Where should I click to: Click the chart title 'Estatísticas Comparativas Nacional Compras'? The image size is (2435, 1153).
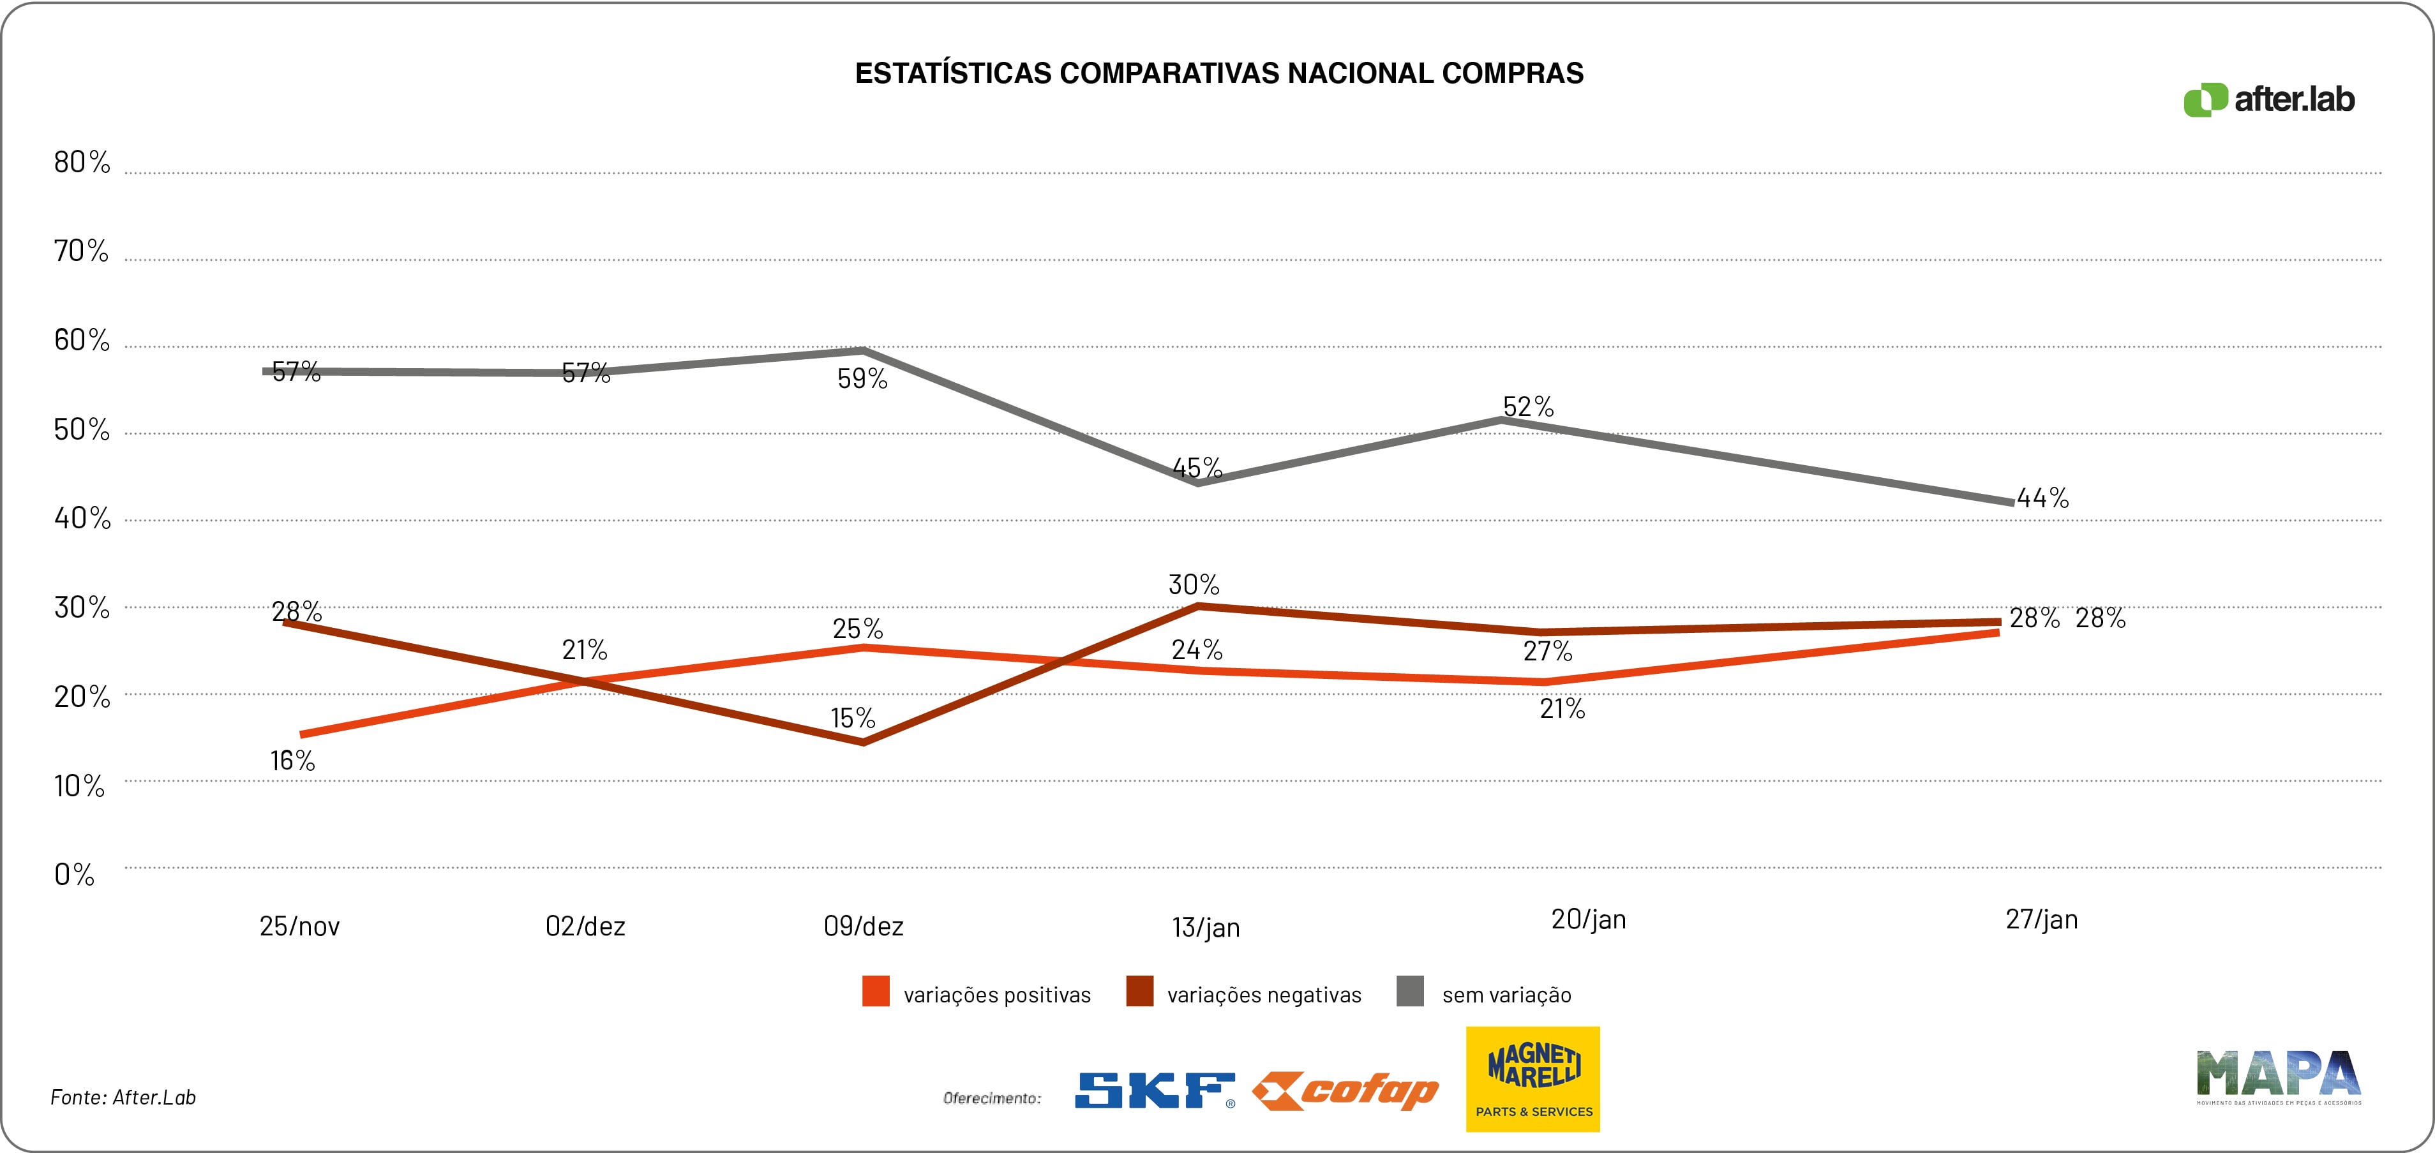tap(1218, 74)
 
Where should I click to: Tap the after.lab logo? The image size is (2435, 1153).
tap(2268, 100)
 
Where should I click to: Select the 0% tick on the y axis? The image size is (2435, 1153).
tap(74, 874)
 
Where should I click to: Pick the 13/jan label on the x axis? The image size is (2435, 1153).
tap(1205, 927)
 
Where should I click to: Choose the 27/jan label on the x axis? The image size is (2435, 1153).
tap(2042, 919)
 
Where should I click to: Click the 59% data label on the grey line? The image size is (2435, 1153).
tap(862, 379)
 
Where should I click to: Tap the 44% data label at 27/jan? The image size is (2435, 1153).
tap(2042, 498)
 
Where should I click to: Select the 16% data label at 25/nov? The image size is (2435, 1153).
tap(292, 761)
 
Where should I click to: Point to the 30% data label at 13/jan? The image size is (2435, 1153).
tap(1194, 585)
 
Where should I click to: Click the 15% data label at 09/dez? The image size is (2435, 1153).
tap(853, 718)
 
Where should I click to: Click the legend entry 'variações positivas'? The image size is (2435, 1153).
tap(996, 995)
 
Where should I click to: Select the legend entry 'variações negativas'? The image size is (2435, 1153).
tap(1264, 995)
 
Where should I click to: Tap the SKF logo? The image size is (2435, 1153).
tap(1154, 1090)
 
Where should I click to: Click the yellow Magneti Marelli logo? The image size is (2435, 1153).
tap(1532, 1078)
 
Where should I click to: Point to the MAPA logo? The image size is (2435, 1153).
tap(2278, 1076)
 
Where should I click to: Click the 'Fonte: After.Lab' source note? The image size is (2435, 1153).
tap(123, 1097)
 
